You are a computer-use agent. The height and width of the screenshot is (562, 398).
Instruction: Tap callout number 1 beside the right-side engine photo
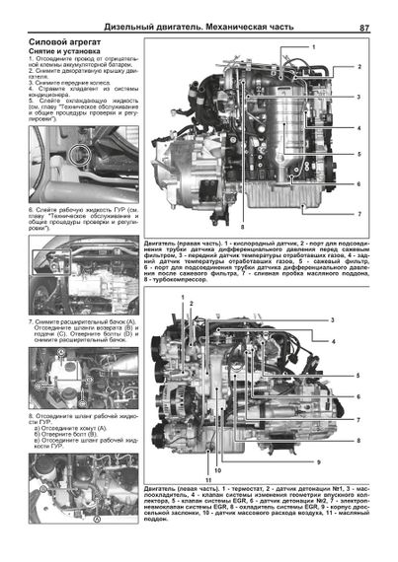coord(314,47)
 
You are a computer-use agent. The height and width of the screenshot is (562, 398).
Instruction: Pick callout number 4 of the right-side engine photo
coord(359,129)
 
